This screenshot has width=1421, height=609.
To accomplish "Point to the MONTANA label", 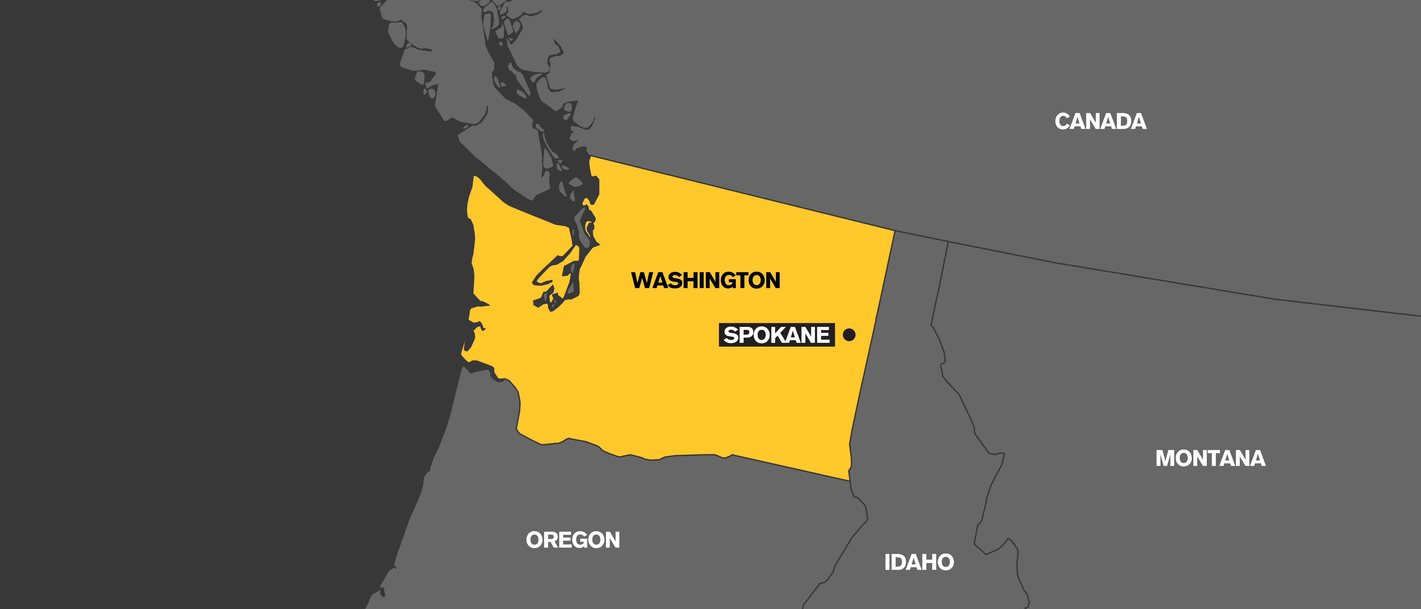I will click(1210, 458).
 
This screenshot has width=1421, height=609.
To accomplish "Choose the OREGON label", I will click(573, 540).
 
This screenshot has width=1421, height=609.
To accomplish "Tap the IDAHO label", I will click(919, 562).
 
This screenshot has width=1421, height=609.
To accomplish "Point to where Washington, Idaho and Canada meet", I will click(894, 231).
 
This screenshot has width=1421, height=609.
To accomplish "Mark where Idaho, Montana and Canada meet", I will click(948, 242).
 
